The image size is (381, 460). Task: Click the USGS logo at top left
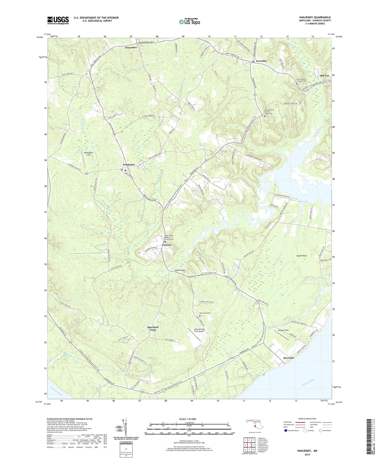tap(58, 20)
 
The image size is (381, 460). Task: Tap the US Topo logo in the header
tap(189, 22)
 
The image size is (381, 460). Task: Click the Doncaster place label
tap(131, 47)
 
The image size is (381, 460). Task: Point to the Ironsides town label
tap(261, 61)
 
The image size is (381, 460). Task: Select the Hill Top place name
tap(324, 76)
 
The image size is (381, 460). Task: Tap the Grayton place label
tap(167, 245)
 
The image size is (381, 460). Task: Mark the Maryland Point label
tap(153, 328)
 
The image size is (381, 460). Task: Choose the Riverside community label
tap(289, 358)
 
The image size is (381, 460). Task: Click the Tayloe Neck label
tap(302, 256)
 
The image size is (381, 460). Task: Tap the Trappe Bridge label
tap(180, 270)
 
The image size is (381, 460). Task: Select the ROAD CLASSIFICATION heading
tap(307, 419)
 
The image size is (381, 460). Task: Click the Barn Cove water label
tap(303, 201)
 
